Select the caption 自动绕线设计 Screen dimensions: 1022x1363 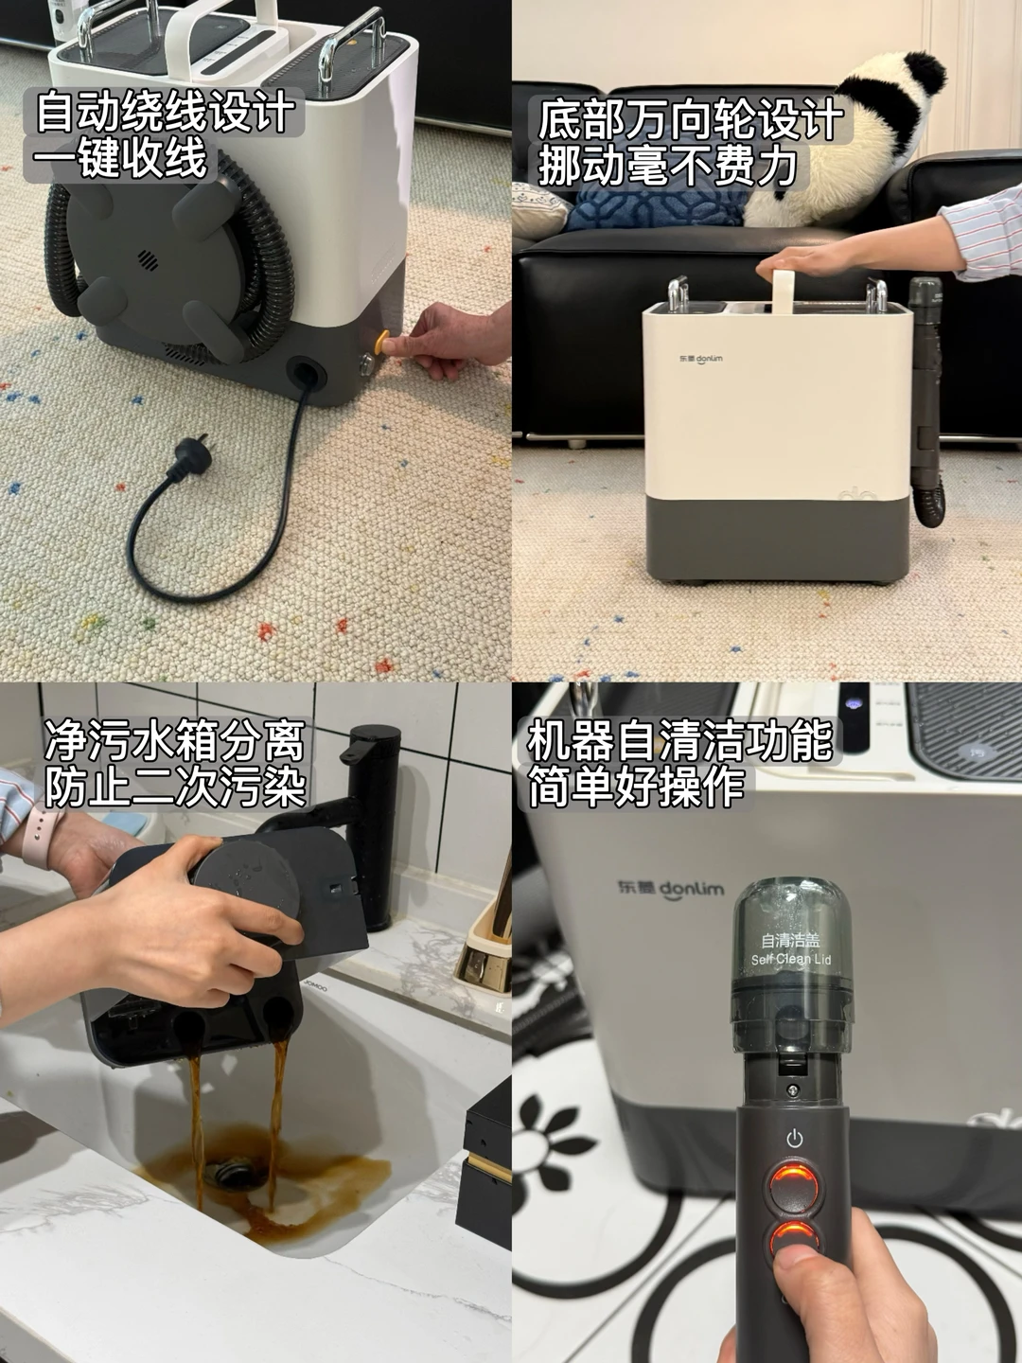pos(165,112)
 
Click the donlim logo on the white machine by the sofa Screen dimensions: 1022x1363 pos(700,359)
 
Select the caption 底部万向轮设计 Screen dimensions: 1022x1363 pos(690,120)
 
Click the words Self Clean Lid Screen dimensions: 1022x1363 pos(790,959)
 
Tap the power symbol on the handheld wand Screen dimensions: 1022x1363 pos(795,1139)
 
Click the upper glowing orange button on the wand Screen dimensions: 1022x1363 pos(794,1189)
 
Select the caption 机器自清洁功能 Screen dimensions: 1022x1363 pos(680,741)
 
